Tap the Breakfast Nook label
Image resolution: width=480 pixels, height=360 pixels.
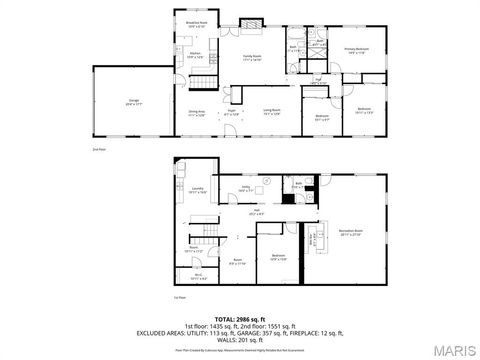click(x=197, y=24)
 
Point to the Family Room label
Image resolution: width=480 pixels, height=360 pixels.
click(x=251, y=58)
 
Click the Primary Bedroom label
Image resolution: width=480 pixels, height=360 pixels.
click(x=357, y=49)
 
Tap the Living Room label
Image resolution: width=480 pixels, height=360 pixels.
click(x=271, y=110)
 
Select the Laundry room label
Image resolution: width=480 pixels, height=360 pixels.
click(x=198, y=190)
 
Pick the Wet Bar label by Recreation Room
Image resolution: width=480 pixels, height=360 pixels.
click(x=311, y=238)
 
